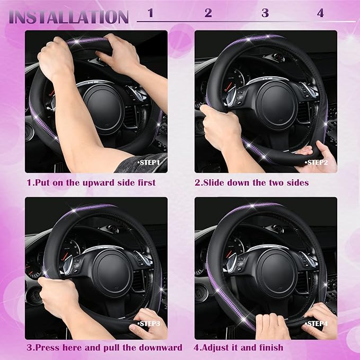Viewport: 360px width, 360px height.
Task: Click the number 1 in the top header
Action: click(151, 13)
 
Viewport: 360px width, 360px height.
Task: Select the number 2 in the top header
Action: click(208, 13)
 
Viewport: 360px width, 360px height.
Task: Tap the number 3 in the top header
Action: click(265, 13)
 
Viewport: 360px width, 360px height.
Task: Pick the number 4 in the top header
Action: click(320, 13)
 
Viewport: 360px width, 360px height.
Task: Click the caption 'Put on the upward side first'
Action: click(91, 182)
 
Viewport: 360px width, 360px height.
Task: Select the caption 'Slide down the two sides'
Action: click(252, 182)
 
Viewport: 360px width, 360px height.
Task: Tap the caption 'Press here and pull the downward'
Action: click(104, 348)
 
